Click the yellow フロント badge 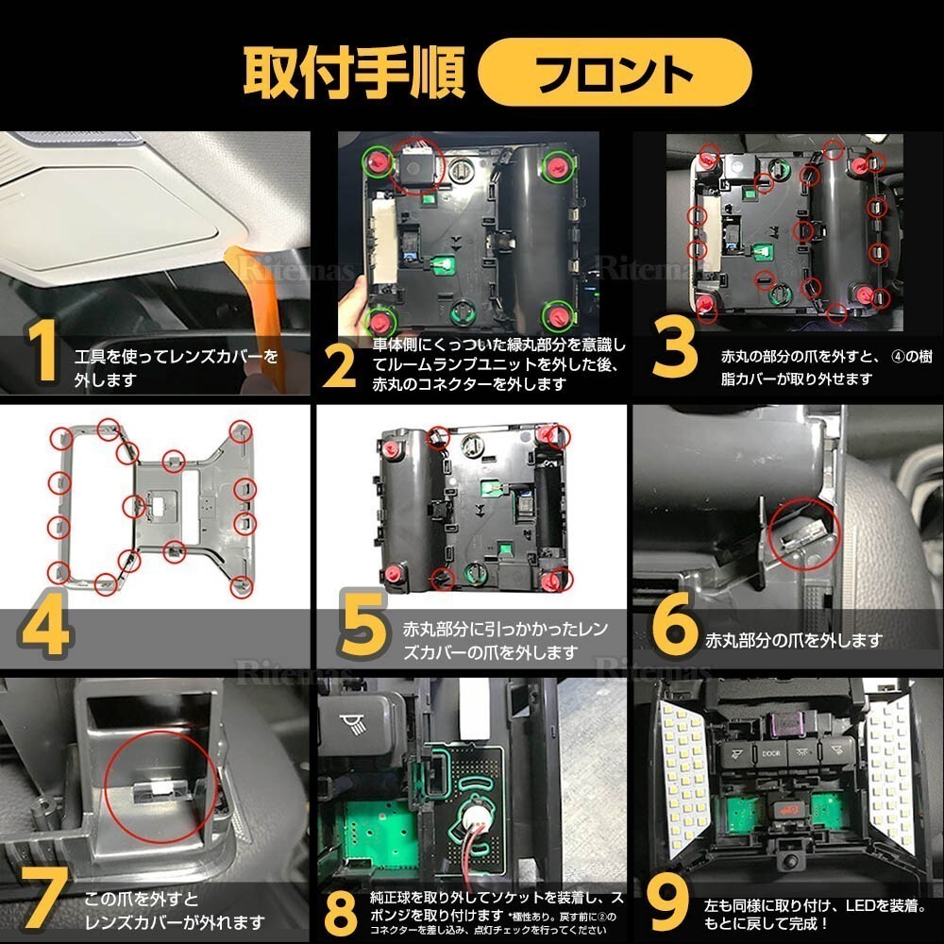[615, 71]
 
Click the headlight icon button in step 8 [356, 724]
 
